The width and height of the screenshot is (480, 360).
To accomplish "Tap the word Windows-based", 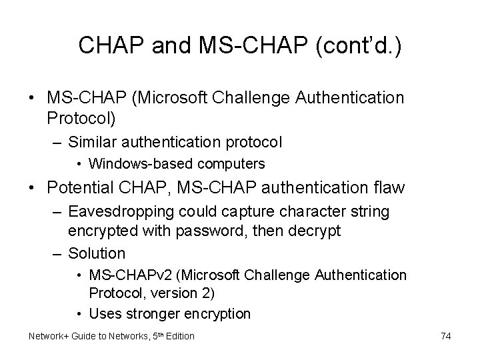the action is pyautogui.click(x=128, y=163).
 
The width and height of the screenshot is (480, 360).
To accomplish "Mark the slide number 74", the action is pyautogui.click(x=445, y=336).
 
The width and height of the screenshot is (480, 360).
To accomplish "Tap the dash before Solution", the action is pyautogui.click(x=58, y=253).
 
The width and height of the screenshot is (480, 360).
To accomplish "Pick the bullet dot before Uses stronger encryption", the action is pyautogui.click(x=79, y=313).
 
